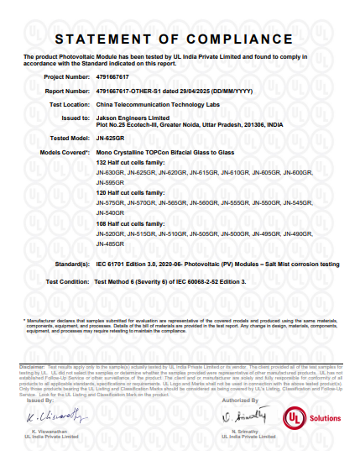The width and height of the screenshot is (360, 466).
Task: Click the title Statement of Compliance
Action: pos(180,39)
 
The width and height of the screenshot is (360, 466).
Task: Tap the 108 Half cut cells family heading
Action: pos(131,225)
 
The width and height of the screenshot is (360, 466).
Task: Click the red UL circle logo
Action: pos(297,417)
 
